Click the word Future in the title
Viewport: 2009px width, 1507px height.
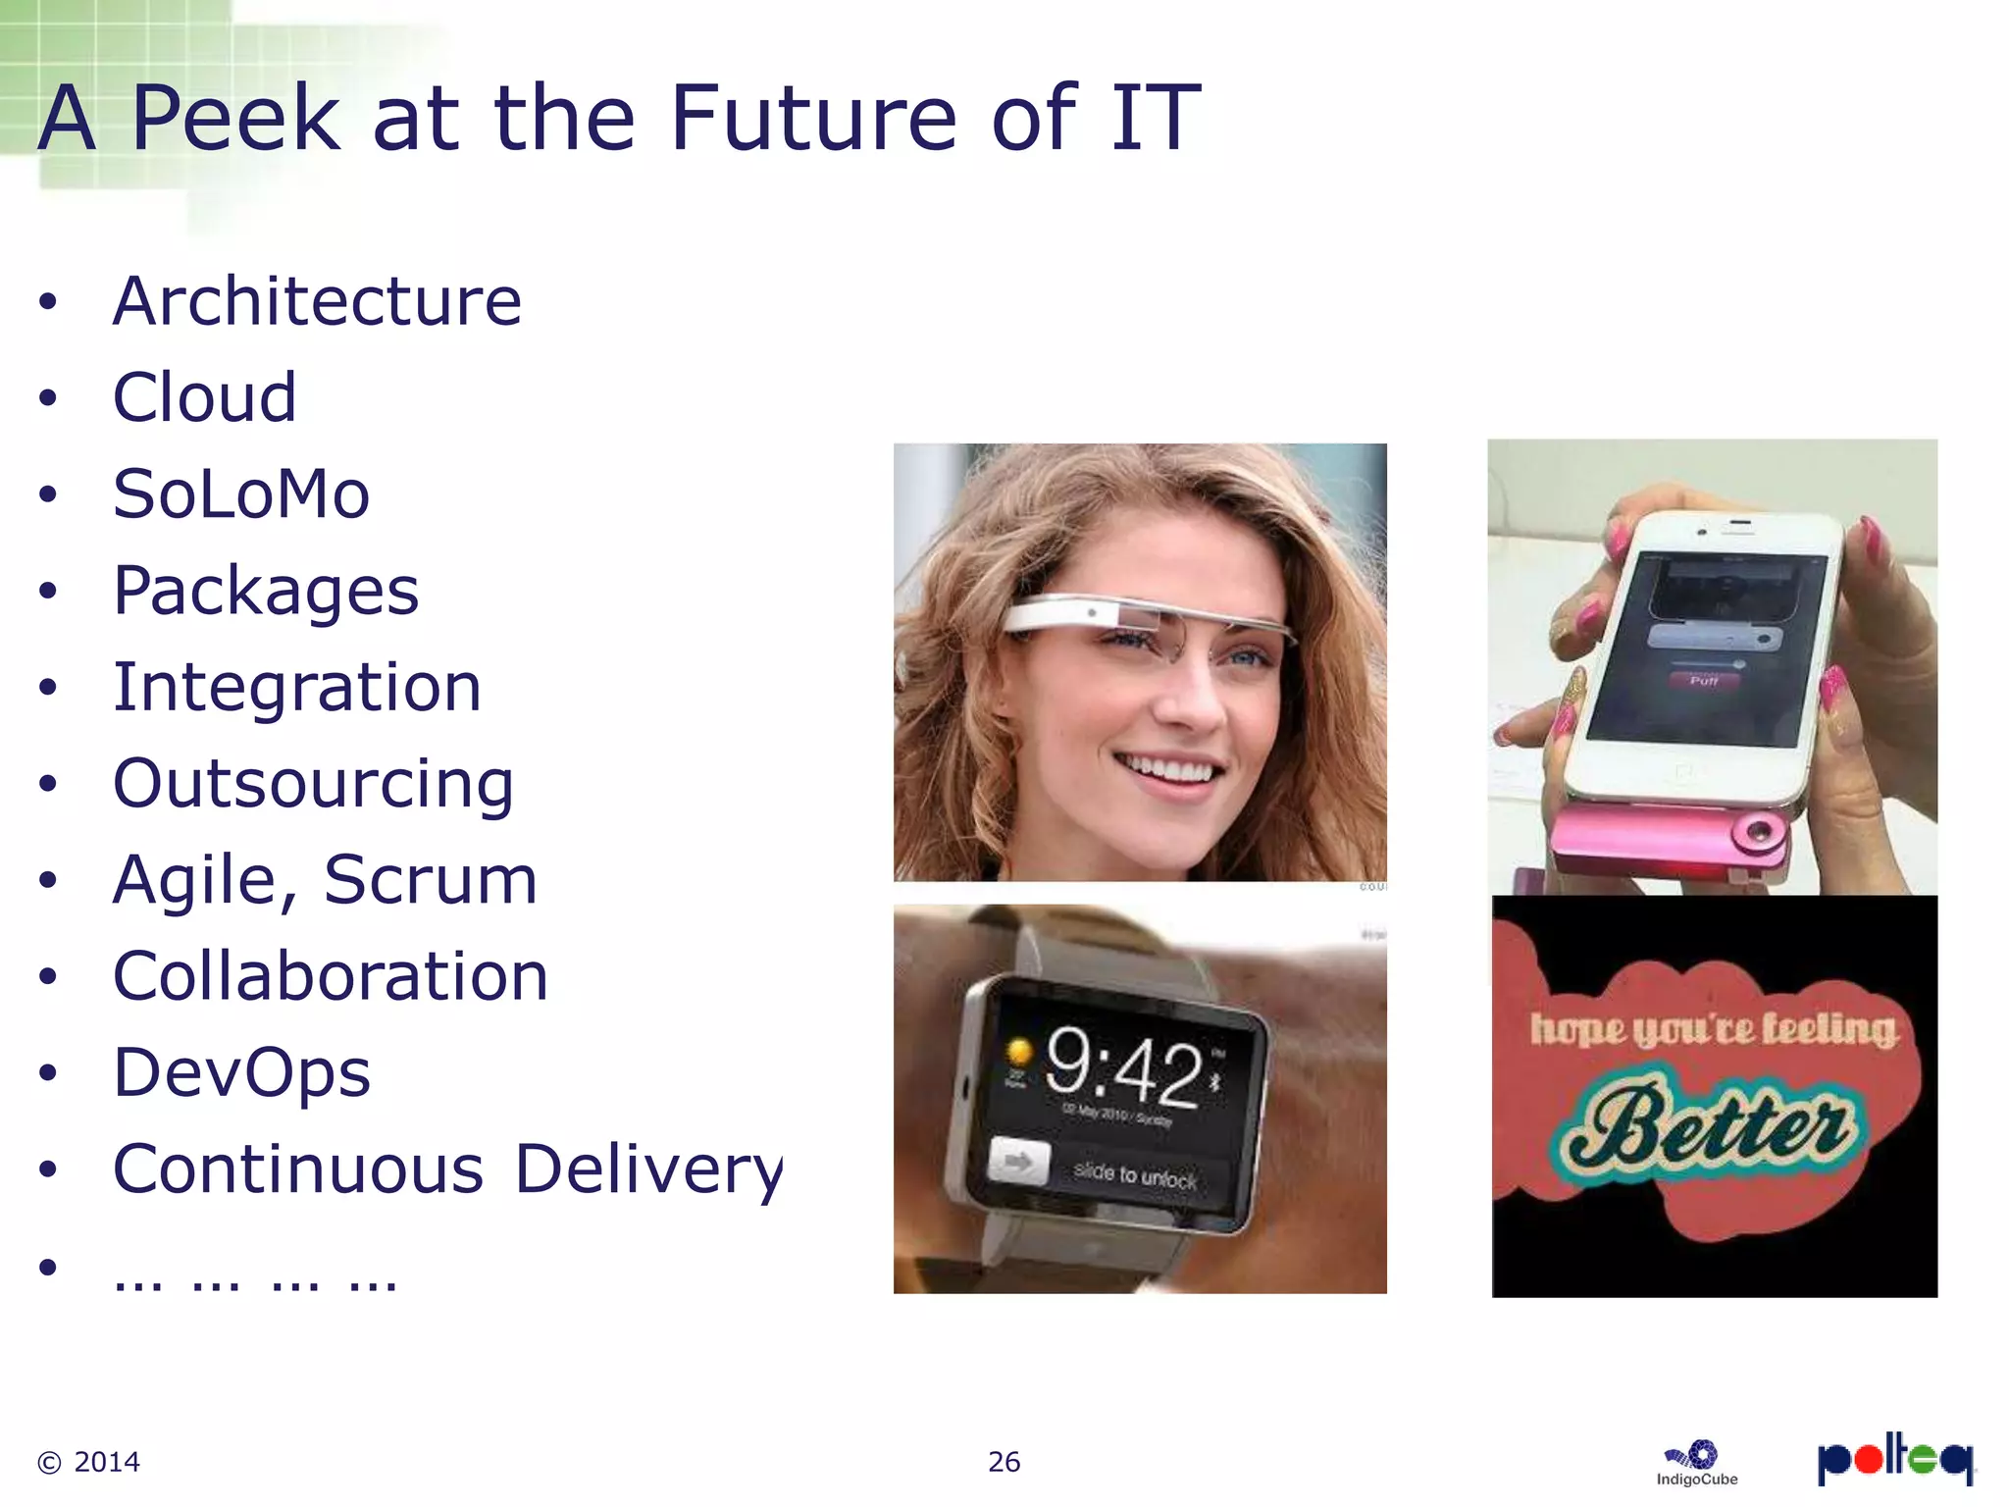point(812,119)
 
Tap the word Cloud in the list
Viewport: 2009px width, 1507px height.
point(204,397)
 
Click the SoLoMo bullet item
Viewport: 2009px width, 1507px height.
point(241,494)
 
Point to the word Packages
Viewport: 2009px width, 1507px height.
point(266,591)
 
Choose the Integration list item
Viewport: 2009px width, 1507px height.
point(297,687)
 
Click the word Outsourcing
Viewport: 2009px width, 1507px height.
point(313,784)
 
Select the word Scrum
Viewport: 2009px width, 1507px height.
point(430,880)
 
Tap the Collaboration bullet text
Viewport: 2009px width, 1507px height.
point(331,976)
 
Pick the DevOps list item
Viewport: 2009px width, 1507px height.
point(241,1072)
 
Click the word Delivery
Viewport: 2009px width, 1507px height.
point(648,1169)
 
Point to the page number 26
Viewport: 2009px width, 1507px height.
point(1004,1462)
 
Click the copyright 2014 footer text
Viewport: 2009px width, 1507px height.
point(89,1462)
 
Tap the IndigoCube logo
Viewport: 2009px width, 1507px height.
point(1697,1463)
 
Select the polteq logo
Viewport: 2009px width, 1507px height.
point(1894,1459)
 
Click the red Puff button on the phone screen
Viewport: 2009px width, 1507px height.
point(1704,681)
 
